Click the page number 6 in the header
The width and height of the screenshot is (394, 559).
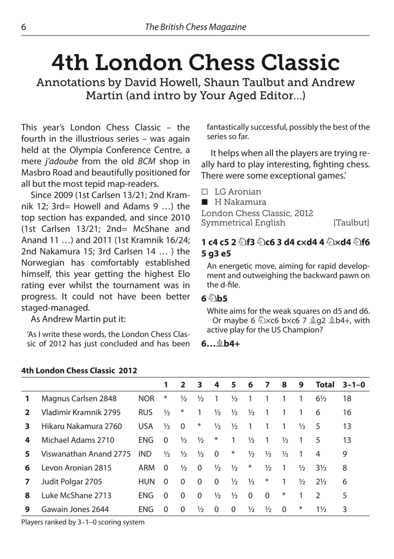(x=24, y=27)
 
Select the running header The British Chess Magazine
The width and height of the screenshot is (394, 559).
(x=195, y=27)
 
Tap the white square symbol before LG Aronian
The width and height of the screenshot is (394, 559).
(x=204, y=192)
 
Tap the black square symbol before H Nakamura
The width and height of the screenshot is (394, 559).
(x=204, y=202)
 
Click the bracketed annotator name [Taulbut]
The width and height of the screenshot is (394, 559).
(x=351, y=223)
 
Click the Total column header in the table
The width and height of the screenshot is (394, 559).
(x=325, y=385)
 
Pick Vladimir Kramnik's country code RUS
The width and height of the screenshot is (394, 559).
(x=145, y=412)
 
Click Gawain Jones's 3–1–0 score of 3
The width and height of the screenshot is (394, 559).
(x=345, y=509)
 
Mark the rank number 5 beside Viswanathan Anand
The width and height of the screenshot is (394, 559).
(x=27, y=454)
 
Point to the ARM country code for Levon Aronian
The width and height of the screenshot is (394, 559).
(x=146, y=468)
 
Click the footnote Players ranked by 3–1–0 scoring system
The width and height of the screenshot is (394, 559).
(x=83, y=522)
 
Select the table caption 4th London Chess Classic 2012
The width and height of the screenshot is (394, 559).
(x=79, y=371)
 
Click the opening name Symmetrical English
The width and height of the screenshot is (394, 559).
(x=243, y=223)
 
